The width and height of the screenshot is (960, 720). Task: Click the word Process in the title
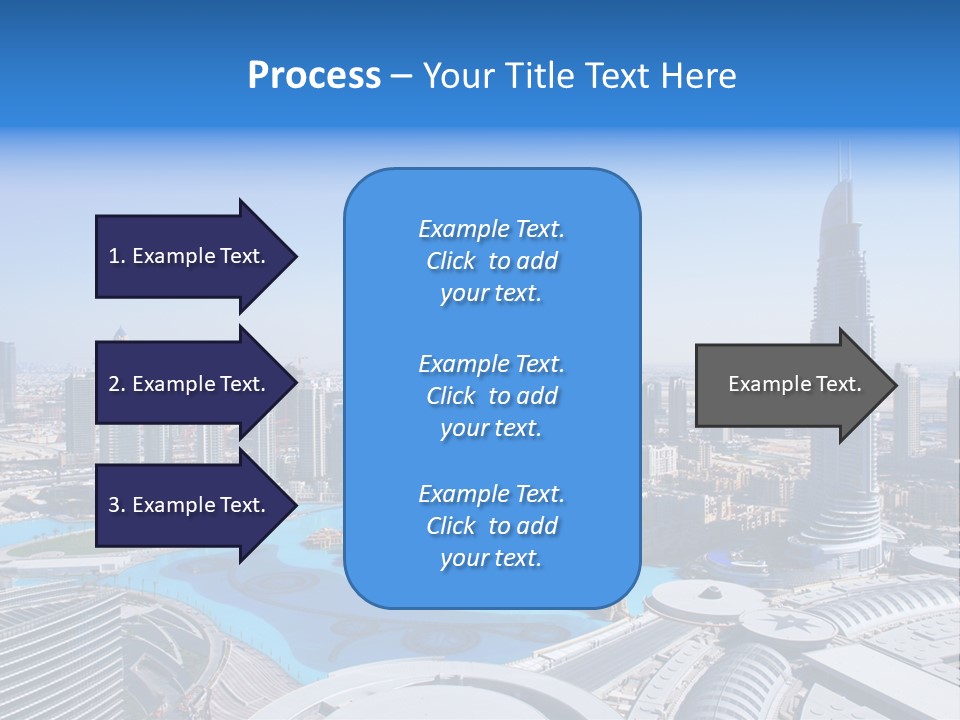click(314, 76)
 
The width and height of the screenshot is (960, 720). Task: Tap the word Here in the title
click(696, 76)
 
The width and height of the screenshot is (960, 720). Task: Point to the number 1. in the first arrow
click(117, 256)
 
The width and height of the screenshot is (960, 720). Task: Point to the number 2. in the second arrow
click(117, 384)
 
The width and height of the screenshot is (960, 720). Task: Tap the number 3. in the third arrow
click(117, 505)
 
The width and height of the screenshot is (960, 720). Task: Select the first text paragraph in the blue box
click(491, 261)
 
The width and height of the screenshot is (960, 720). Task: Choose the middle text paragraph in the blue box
click(491, 396)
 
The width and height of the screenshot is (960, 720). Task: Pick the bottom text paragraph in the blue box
click(491, 526)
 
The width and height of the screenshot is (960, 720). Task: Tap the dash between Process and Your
click(402, 76)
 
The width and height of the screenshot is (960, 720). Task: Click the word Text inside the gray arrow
click(839, 384)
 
